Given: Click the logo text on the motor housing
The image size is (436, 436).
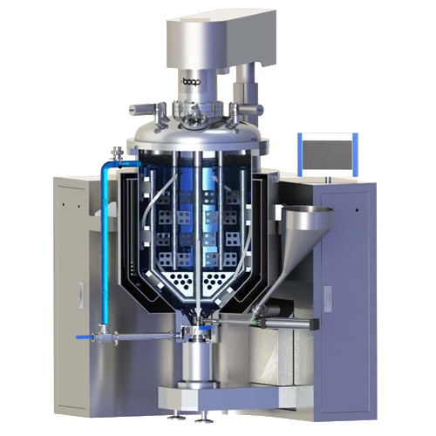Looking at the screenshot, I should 191,80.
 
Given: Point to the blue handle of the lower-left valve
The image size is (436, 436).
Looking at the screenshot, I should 84,337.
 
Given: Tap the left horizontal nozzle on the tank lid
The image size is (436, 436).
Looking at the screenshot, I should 142,110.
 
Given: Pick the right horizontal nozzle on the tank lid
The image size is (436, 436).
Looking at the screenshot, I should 250,110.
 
